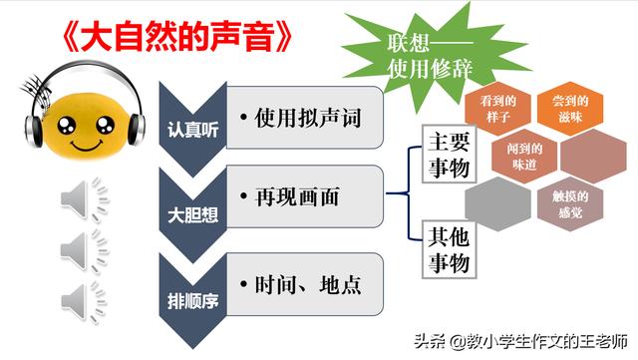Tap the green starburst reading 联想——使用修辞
tap(432, 57)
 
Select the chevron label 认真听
tap(192, 130)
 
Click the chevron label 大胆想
tap(192, 215)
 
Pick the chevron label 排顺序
tap(192, 301)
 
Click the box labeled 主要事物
tap(449, 154)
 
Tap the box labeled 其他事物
tap(449, 249)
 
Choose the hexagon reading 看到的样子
tap(498, 109)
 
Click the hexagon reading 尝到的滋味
tap(570, 109)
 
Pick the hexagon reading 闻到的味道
tap(524, 157)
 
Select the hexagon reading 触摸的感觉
tap(570, 204)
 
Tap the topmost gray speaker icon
tap(85, 199)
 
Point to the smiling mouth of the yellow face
tap(87, 145)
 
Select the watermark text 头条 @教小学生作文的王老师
tap(520, 341)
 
